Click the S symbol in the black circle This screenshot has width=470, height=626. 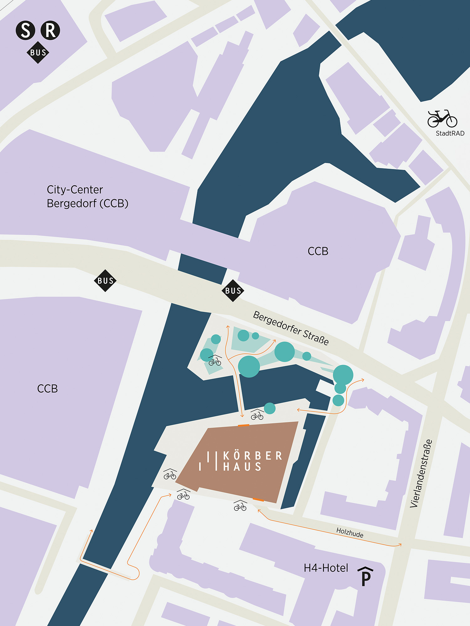coord(25,30)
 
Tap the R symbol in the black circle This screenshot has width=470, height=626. coord(50,30)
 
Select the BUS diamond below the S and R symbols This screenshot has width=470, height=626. coord(38,53)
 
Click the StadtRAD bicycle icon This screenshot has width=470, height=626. coord(442,119)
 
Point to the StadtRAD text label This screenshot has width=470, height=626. coord(450,133)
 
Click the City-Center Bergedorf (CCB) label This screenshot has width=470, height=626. coord(87,197)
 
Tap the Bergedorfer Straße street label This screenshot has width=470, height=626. coord(291,328)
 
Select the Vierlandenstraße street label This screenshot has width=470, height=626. coord(421,473)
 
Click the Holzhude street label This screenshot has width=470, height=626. coord(350,532)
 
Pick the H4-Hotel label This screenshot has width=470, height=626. coord(326,568)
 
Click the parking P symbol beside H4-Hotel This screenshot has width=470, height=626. coord(366,576)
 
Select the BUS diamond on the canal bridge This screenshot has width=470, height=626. coord(233,291)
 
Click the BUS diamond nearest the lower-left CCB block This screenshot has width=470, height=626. coord(105,281)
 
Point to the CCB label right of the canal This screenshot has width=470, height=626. coord(318,251)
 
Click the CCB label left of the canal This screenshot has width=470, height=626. coord(47,389)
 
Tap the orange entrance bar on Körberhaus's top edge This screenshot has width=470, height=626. coord(243,425)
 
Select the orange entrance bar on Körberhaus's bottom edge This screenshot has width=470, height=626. coord(258,500)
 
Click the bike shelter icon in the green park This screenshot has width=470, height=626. coord(215,361)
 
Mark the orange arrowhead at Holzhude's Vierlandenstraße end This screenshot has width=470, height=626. coord(399,545)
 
